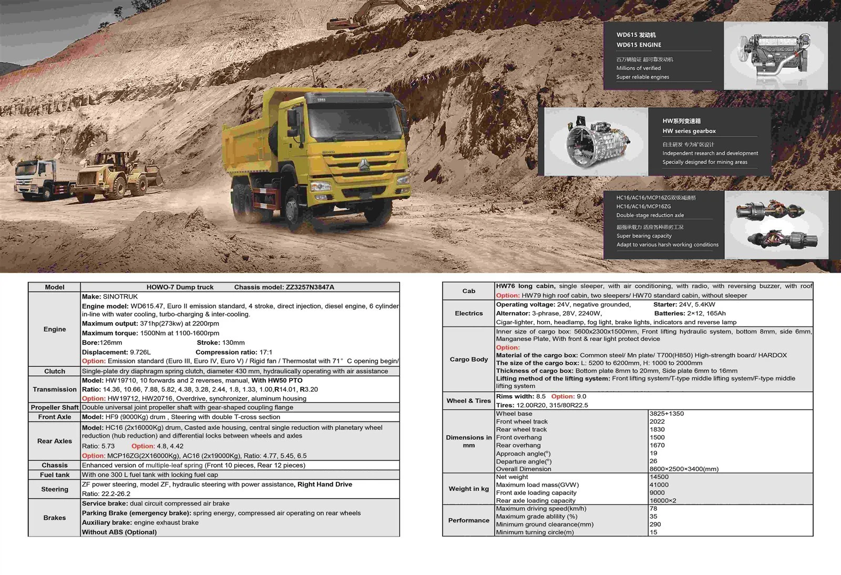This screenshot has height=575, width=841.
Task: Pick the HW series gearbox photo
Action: coord(596,141)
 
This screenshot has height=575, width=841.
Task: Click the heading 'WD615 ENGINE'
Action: coord(639,45)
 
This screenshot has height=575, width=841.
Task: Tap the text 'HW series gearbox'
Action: coord(689,131)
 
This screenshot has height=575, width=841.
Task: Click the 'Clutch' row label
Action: coord(55,371)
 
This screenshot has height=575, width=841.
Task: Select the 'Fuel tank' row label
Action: coord(55,475)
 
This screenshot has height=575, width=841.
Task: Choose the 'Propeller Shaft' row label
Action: coord(55,407)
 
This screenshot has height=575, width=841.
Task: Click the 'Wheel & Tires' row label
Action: coord(468,401)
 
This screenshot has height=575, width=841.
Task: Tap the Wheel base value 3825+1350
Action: coord(666,414)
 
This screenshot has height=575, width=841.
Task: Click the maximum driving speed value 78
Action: coord(653,508)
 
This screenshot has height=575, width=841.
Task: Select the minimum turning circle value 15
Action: coord(653,532)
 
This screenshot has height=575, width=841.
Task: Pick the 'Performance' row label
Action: coord(468,520)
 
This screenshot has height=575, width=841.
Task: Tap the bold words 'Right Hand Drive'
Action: coord(324,484)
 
